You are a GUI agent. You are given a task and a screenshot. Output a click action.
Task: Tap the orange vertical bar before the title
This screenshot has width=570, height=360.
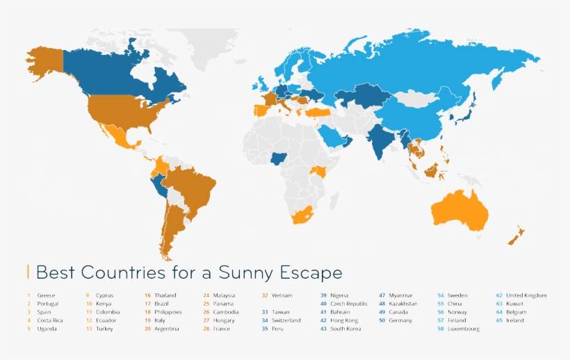click(x=28, y=271)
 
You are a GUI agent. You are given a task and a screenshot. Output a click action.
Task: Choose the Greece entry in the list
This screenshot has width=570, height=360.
click(x=46, y=295)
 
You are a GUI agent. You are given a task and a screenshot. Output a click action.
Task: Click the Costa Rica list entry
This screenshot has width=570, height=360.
click(x=50, y=320)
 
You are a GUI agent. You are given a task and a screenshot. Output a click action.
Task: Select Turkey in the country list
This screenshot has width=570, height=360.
click(x=104, y=329)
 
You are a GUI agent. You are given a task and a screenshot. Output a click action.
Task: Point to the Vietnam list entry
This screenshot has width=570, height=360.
click(x=282, y=295)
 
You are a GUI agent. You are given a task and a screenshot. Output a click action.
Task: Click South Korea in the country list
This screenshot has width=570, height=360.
click(x=345, y=329)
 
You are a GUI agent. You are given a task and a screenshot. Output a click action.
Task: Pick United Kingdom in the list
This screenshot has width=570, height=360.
click(x=526, y=295)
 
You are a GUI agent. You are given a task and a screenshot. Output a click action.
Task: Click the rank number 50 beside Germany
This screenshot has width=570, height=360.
click(x=382, y=320)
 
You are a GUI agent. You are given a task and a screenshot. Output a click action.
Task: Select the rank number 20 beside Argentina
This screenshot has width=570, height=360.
click(x=147, y=329)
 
